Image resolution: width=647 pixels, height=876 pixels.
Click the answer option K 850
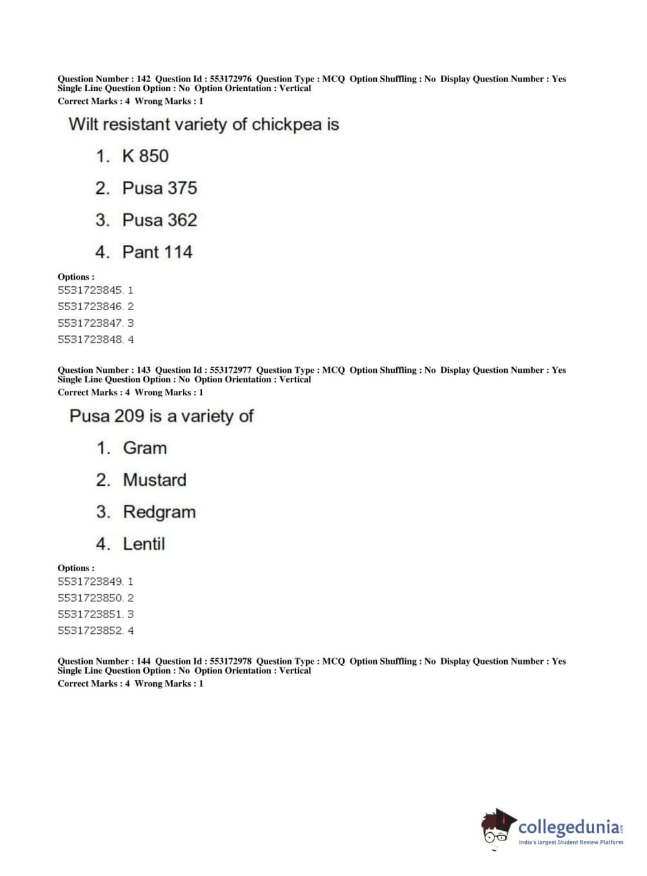[145, 156]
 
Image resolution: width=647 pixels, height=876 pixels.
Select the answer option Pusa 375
[159, 188]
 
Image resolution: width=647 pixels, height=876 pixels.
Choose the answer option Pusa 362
[159, 220]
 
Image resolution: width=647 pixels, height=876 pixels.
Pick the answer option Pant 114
[157, 252]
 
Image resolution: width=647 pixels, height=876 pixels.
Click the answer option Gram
[145, 448]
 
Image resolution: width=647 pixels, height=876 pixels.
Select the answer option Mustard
[154, 480]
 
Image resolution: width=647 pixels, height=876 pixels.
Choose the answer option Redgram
[159, 512]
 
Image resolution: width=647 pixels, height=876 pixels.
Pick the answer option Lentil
[143, 544]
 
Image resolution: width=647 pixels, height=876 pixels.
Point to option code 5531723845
[90, 291]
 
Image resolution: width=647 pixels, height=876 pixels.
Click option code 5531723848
[90, 340]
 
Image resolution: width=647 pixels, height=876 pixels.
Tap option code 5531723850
[90, 598]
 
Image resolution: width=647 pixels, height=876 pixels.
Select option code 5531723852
[90, 631]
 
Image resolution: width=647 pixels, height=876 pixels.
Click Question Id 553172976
[231, 79]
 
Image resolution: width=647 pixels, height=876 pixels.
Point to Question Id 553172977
[231, 370]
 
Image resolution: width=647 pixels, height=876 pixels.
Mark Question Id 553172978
[231, 662]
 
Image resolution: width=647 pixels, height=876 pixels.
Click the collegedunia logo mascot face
[497, 827]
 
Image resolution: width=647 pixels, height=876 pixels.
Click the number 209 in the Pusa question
[129, 416]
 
